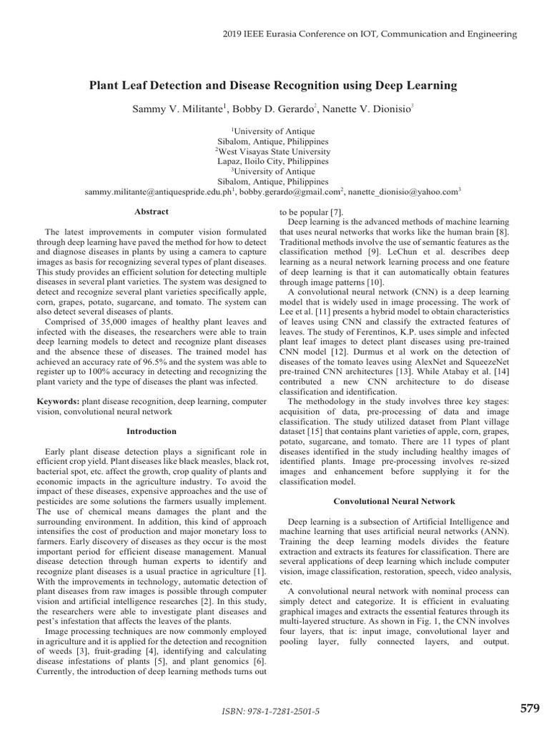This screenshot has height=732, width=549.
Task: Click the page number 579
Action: tap(529, 708)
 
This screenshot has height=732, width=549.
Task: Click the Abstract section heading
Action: tap(152, 212)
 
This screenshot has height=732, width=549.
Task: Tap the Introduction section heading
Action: tap(152, 432)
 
